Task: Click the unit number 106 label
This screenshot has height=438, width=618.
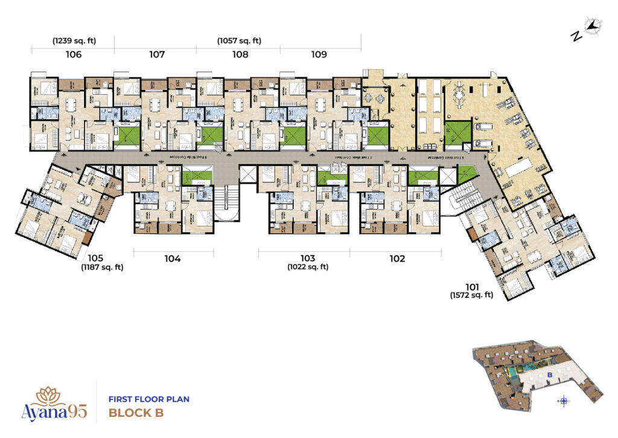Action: click(x=74, y=55)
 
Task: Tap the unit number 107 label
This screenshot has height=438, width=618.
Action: click(x=157, y=55)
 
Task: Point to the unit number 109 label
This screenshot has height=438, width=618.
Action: click(x=319, y=55)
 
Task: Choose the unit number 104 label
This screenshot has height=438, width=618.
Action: click(x=172, y=259)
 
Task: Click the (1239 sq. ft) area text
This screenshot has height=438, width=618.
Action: click(x=74, y=41)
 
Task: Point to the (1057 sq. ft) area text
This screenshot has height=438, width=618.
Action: click(x=240, y=41)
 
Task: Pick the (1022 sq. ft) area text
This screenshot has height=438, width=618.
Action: click(x=308, y=266)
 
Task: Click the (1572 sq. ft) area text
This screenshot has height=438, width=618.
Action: click(x=471, y=295)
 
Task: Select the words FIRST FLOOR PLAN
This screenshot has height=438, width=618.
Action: click(x=148, y=399)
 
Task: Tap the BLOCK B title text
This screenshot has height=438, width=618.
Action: click(x=136, y=414)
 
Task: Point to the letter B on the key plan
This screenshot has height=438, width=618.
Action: click(x=550, y=375)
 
